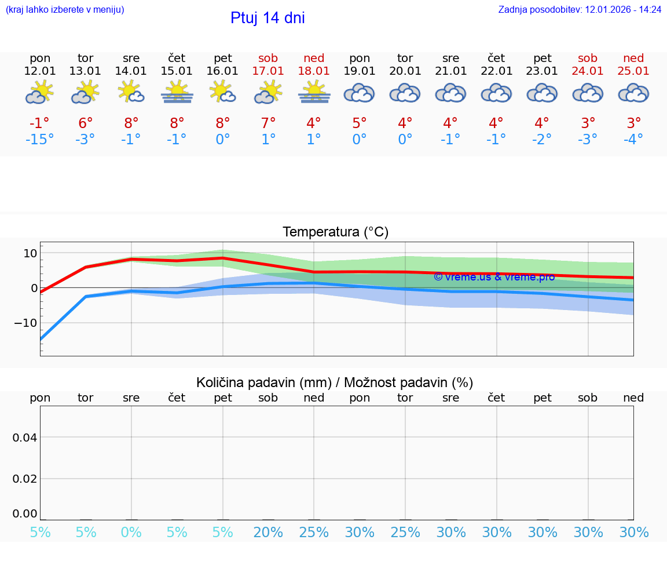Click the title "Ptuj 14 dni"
(x=267, y=18)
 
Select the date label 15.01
(x=177, y=71)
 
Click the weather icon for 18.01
(x=314, y=93)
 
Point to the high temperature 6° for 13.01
(x=86, y=123)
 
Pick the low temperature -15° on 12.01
(x=40, y=140)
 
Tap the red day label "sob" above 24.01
(x=588, y=59)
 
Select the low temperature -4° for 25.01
(x=633, y=140)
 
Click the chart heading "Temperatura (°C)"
(x=335, y=232)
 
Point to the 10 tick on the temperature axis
(x=30, y=253)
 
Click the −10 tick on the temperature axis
(x=27, y=323)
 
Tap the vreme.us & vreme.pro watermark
(x=494, y=277)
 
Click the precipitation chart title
(x=335, y=382)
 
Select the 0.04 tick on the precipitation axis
(x=25, y=438)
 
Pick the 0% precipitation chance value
(x=131, y=532)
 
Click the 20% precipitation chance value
(x=269, y=532)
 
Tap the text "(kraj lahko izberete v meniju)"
(x=65, y=10)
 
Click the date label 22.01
(x=496, y=71)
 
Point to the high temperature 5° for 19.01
(x=360, y=123)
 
